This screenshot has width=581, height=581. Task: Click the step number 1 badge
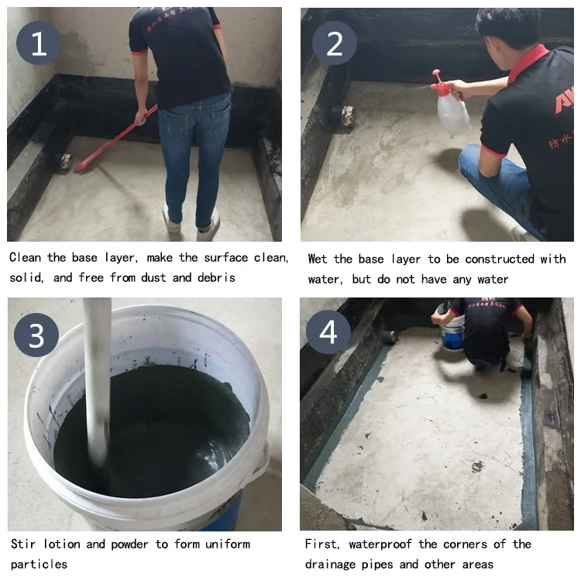(x=39, y=43)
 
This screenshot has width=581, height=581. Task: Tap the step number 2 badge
(x=334, y=43)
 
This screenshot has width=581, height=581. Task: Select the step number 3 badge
(x=36, y=335)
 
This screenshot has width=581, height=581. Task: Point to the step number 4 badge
(x=328, y=332)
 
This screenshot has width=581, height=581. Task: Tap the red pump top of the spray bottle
(x=439, y=82)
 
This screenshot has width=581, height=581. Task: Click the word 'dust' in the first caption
(x=153, y=277)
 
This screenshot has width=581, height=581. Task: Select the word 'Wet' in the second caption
(x=318, y=259)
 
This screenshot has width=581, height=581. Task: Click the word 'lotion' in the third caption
(x=61, y=544)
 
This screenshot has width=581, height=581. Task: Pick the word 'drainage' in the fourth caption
(x=330, y=564)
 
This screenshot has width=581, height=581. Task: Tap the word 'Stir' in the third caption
(x=23, y=544)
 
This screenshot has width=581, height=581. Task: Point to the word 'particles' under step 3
(x=39, y=564)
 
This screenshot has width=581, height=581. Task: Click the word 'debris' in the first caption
(x=216, y=277)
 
